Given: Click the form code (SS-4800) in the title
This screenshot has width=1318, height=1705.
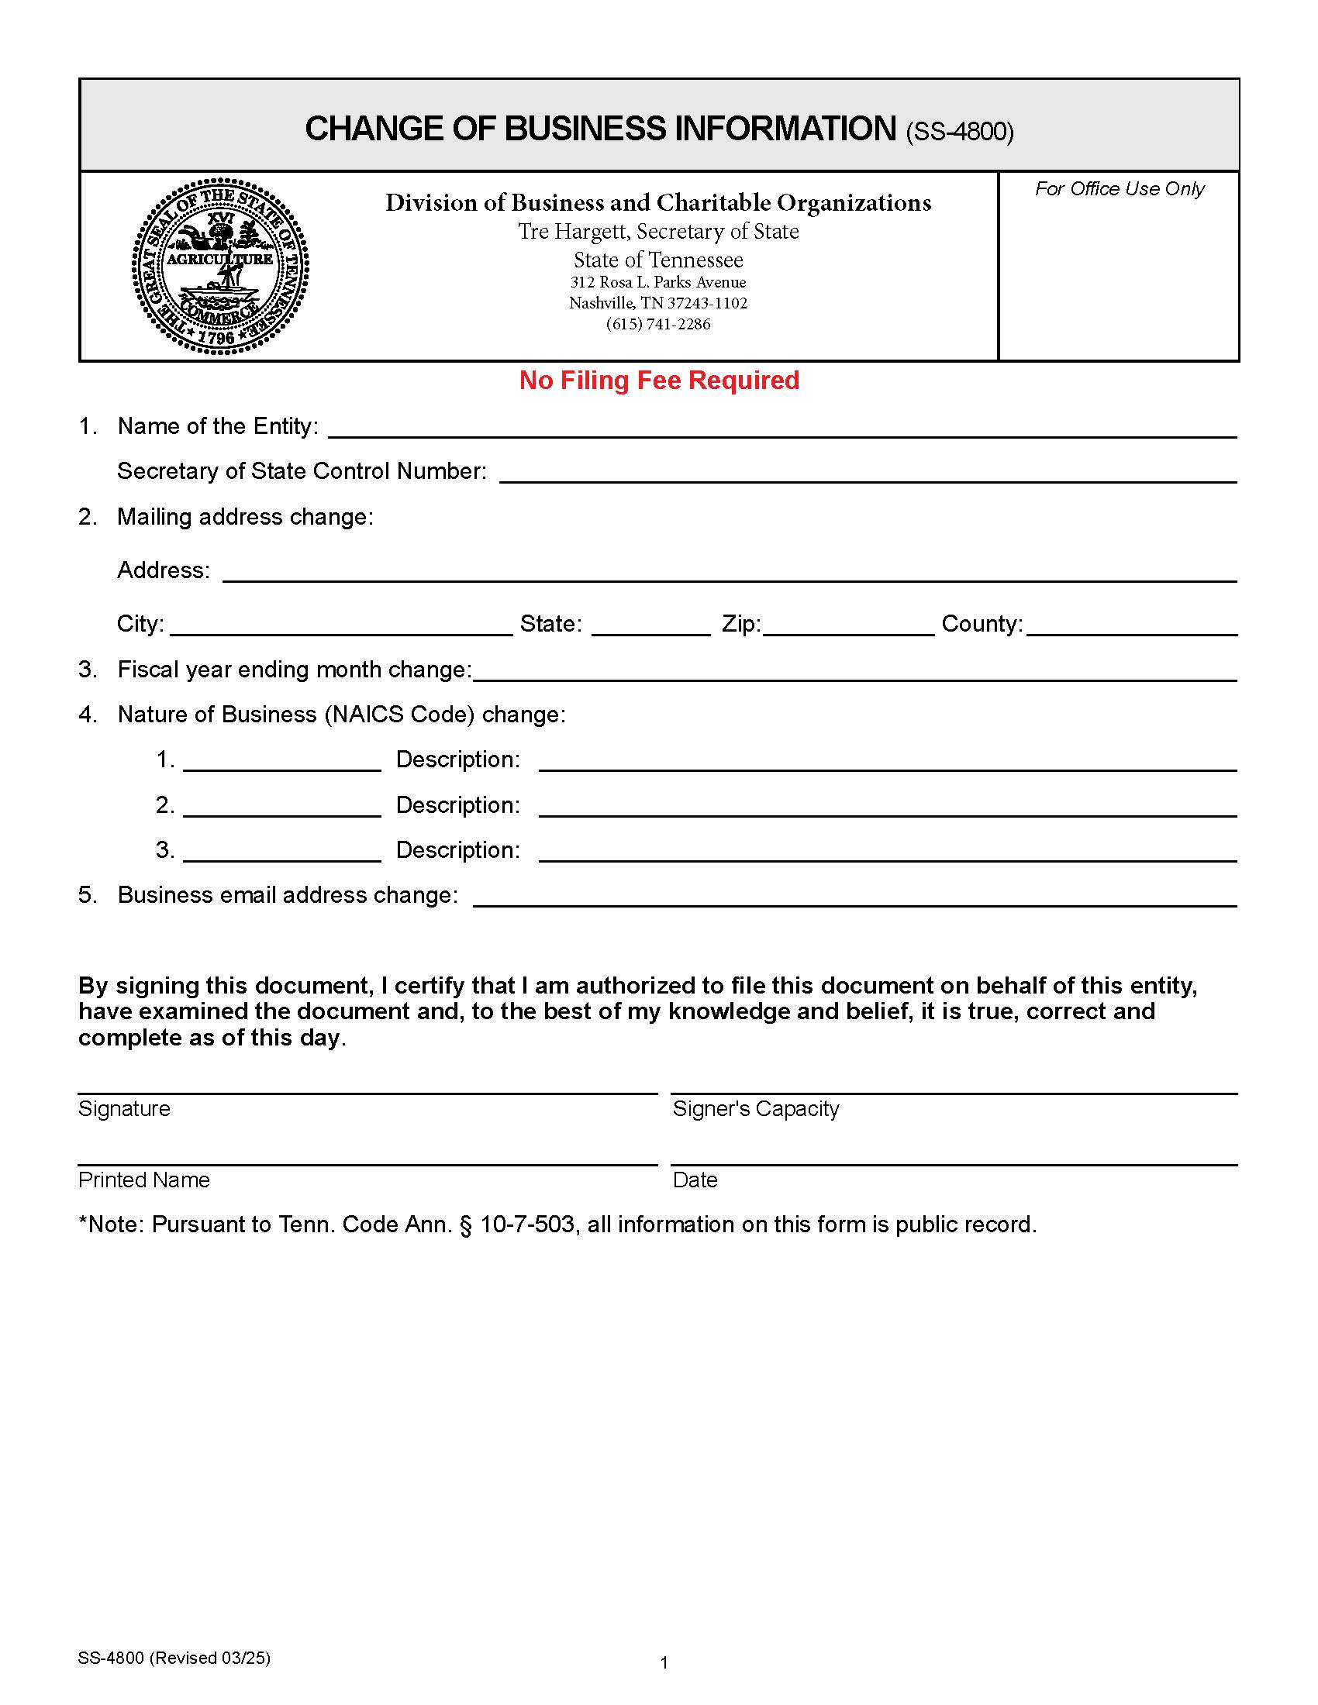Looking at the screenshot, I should tap(960, 132).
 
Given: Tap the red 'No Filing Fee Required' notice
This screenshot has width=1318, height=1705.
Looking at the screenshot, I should tap(659, 381).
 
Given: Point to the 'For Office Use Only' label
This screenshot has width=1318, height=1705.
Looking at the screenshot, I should tap(1119, 189).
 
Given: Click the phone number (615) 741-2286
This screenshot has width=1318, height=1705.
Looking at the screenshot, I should tap(658, 324).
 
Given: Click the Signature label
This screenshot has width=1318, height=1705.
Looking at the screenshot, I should tap(124, 1108).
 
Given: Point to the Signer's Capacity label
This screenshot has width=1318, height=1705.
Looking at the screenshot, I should tap(755, 1108).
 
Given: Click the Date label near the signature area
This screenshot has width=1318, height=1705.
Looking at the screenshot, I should tap(694, 1180).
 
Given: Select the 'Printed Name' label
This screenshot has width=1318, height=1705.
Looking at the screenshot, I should tap(143, 1180).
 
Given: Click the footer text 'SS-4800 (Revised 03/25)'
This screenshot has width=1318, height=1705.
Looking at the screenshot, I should tap(174, 1658).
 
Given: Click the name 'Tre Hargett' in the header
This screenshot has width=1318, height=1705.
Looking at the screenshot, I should tap(573, 232).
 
